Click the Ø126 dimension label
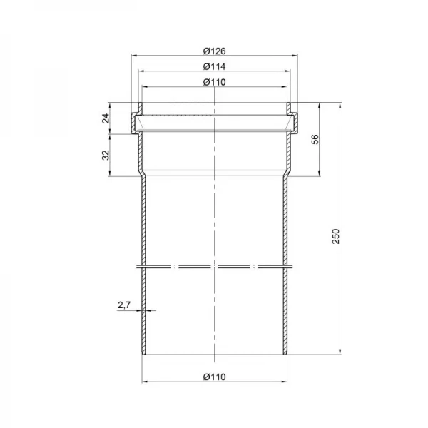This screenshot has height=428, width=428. (214, 51)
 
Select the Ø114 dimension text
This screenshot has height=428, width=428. (214, 66)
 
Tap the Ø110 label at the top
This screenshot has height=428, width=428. (214, 82)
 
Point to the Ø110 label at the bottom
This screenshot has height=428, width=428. (214, 377)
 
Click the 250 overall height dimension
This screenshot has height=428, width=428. (336, 236)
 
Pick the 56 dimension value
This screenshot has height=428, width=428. (315, 139)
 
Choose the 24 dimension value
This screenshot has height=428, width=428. (106, 118)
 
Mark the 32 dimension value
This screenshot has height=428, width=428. (106, 155)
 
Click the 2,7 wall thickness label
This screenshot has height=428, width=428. (124, 305)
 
